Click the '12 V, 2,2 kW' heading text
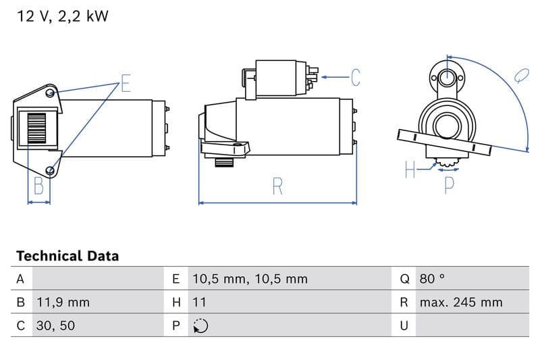(x=62, y=17)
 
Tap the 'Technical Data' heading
(x=67, y=256)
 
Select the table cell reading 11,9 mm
(x=62, y=302)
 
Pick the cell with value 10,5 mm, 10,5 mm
(x=249, y=278)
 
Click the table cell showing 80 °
(x=432, y=278)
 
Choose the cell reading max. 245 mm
(x=460, y=302)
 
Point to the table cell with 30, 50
(x=56, y=326)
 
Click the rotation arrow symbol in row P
(x=200, y=326)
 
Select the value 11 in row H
(x=199, y=302)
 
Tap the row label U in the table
(x=404, y=326)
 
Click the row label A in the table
(x=20, y=278)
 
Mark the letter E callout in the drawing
(x=126, y=84)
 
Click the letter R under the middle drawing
(x=277, y=186)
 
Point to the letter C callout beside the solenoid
(x=355, y=78)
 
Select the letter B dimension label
(x=38, y=186)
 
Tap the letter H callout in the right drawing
(x=410, y=171)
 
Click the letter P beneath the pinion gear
(x=449, y=184)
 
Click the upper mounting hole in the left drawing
(x=51, y=93)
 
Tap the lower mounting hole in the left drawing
(x=51, y=169)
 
